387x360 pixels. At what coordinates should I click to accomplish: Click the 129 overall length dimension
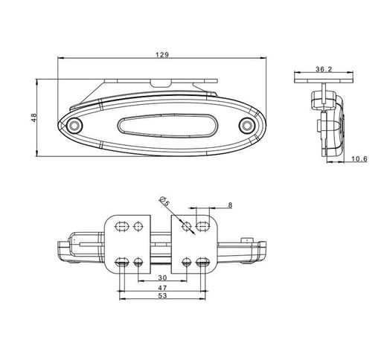point(162,54)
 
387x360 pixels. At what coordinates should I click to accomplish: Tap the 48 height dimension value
point(33,118)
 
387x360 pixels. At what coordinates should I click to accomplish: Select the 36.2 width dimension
point(324,69)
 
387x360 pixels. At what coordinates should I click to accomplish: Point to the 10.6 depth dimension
point(359,158)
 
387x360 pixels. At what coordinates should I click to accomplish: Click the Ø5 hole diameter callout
point(164,201)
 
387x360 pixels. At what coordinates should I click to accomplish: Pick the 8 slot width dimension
point(230,205)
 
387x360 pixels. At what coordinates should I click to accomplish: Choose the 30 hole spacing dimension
point(162,277)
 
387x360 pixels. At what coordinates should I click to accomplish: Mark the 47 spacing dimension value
point(162,288)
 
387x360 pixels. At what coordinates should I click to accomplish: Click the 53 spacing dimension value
point(162,295)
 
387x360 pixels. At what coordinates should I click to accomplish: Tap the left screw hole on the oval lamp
point(74,126)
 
